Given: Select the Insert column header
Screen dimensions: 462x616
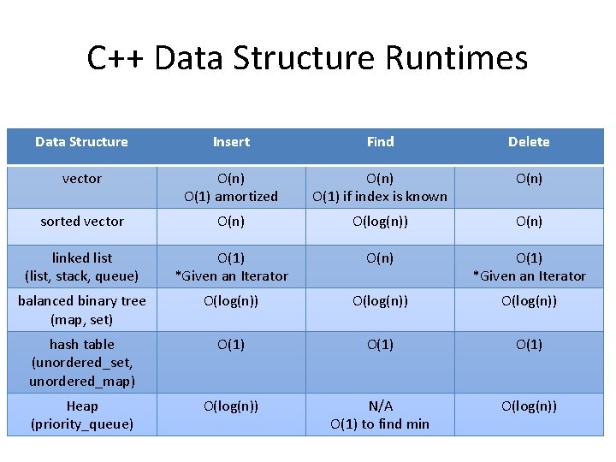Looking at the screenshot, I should tap(231, 142).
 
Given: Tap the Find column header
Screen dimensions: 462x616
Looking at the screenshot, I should tap(380, 142).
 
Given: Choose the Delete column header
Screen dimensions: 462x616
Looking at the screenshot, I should tap(529, 142).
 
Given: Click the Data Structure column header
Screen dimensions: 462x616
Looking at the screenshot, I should tap(82, 142).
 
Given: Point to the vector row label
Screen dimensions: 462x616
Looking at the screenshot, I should tap(82, 179).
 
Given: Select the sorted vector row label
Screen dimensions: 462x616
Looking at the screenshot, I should tap(82, 222).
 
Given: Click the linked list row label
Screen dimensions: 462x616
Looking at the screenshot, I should tap(82, 266).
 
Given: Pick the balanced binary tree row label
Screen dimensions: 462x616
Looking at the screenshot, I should tap(82, 310).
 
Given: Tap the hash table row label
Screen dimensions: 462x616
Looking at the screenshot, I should tap(82, 362).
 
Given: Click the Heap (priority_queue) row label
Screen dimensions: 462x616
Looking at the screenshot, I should tap(82, 415).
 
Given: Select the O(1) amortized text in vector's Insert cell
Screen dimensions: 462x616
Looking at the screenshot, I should tap(231, 197).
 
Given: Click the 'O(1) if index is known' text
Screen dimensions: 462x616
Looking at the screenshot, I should tap(380, 197).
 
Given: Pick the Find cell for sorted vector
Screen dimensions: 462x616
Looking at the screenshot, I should tap(380, 222).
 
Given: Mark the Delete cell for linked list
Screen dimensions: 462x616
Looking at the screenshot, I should tap(529, 266).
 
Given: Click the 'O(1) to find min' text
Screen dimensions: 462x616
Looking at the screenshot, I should tap(380, 424).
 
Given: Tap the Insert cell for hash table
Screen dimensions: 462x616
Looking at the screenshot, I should tap(231, 345).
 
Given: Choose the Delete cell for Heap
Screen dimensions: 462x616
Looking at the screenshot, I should tap(529, 406).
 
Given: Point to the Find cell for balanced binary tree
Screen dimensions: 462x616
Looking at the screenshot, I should tap(380, 301).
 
